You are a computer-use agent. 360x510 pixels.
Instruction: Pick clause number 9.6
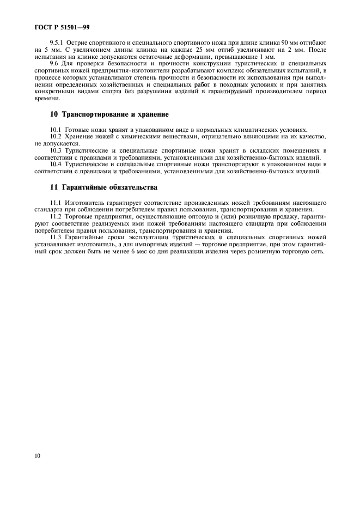click(54, 64)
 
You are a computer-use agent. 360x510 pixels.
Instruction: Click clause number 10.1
click(56, 129)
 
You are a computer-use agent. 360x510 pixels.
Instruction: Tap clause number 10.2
click(56, 136)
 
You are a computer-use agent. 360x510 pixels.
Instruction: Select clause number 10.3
click(56, 150)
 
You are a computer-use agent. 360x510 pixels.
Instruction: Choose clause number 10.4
click(56, 164)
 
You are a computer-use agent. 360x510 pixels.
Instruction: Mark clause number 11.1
click(56, 203)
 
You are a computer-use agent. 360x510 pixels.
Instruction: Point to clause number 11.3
click(56, 238)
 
